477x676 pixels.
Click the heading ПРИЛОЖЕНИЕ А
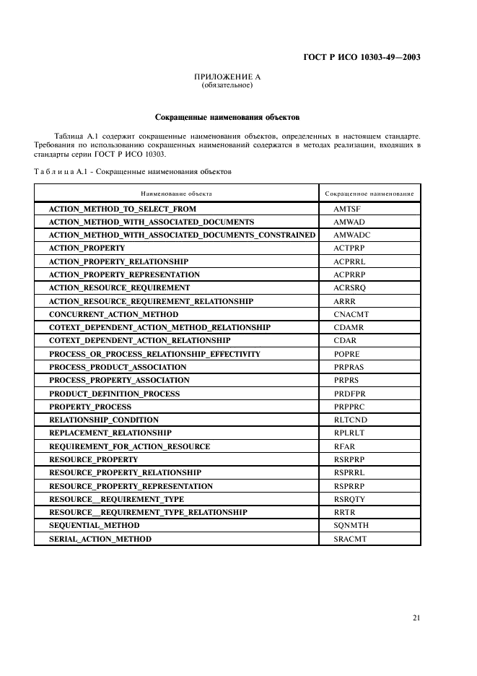click(x=227, y=77)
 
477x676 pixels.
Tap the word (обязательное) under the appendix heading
click(x=227, y=85)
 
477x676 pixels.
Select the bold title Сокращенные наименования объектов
click(x=227, y=116)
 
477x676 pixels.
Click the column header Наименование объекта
click(x=176, y=194)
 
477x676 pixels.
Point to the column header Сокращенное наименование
click(x=369, y=194)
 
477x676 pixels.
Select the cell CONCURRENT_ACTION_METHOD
click(x=113, y=314)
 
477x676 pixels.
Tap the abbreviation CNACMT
click(x=350, y=314)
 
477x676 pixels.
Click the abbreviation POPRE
click(x=346, y=354)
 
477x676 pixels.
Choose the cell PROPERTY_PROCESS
click(x=90, y=407)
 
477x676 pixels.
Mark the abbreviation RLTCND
click(x=349, y=420)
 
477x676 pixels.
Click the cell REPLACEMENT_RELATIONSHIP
click(x=110, y=433)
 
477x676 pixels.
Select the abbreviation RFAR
click(x=344, y=446)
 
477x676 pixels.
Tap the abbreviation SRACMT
click(x=350, y=539)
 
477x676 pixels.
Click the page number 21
click(x=416, y=617)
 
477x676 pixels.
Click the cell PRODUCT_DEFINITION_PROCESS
click(x=114, y=394)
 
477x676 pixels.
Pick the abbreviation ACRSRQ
click(x=349, y=287)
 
